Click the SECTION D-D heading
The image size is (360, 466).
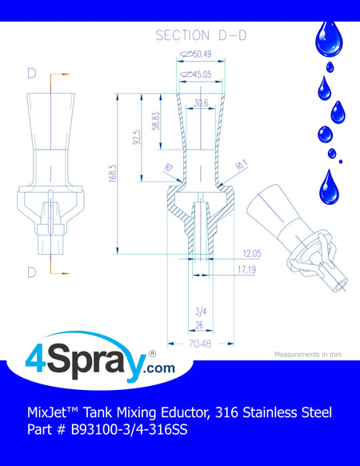(201, 35)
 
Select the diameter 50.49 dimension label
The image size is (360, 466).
(196, 54)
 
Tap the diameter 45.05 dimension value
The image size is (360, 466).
(196, 74)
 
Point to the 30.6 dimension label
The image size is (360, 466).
(201, 102)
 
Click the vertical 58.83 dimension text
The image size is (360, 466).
(156, 121)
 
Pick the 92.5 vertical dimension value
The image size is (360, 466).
(137, 137)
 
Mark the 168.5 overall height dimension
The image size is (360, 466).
(113, 173)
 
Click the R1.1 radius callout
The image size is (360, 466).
(242, 165)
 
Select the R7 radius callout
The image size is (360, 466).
(169, 168)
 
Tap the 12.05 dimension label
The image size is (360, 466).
(252, 254)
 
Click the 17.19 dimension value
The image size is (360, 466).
(246, 270)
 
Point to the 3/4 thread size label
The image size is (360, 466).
(201, 311)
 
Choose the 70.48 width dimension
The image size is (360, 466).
(200, 343)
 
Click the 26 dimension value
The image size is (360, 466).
(199, 325)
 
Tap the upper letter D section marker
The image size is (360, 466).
(32, 74)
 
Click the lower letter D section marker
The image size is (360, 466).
(32, 272)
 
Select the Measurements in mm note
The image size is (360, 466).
(308, 355)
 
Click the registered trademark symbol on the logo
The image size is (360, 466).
(152, 354)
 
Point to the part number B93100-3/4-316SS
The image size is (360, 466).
(130, 429)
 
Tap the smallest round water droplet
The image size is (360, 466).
(341, 162)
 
